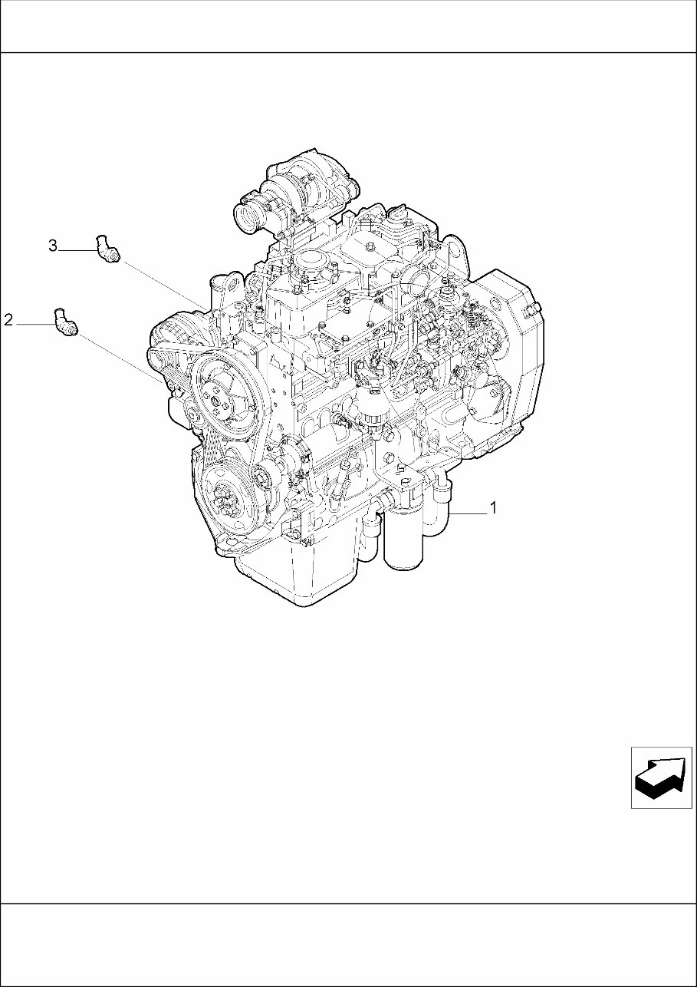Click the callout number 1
[x=494, y=507]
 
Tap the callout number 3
[x=53, y=246]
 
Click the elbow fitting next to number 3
[x=107, y=249]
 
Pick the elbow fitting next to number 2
[x=66, y=322]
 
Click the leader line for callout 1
[x=469, y=512]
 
